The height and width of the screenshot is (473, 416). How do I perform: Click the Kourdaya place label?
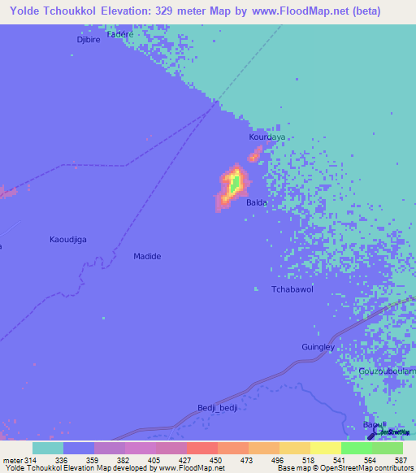tap(266, 137)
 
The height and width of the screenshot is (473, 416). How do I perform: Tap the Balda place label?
tap(256, 202)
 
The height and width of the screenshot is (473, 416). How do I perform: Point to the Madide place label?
tap(147, 256)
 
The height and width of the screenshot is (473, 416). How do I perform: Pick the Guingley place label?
tap(318, 347)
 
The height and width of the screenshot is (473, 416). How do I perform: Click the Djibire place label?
tap(87, 39)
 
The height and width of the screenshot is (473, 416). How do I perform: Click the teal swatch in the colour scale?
tap(47, 448)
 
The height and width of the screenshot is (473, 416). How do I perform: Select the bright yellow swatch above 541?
tap(325, 448)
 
